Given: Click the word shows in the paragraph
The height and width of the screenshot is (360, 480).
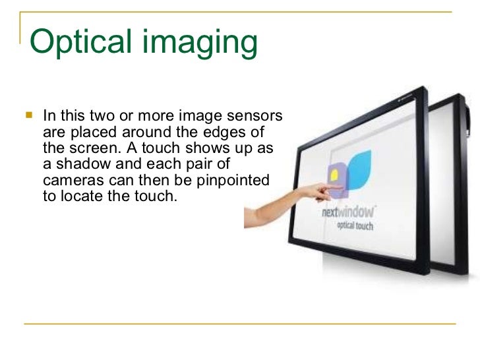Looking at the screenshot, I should (x=217, y=147).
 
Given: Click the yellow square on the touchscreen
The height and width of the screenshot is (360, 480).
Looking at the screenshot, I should (x=334, y=175).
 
